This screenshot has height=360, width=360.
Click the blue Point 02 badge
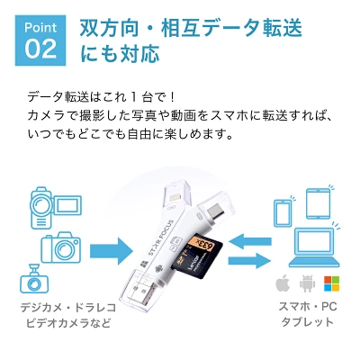pyautogui.click(x=40, y=40)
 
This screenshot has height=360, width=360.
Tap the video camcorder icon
pyautogui.click(x=56, y=208)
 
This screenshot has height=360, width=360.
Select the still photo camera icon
pyautogui.click(x=61, y=247)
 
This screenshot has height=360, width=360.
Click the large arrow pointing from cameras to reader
pyautogui.click(x=112, y=251)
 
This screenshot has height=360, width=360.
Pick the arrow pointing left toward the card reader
pyautogui.click(x=250, y=242)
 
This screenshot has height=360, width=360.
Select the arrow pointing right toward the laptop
pyautogui.click(x=250, y=260)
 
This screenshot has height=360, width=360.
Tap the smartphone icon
pyautogui.click(x=283, y=212)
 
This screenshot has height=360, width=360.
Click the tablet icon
pyautogui.click(x=318, y=202)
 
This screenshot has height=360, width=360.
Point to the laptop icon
pyautogui.click(x=314, y=247)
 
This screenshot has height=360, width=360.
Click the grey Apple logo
pyautogui.click(x=283, y=283)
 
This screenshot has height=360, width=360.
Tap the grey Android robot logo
pyautogui.click(x=307, y=283)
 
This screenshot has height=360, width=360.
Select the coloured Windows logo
pyautogui.click(x=331, y=283)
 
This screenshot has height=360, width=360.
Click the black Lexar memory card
pyautogui.click(x=196, y=256)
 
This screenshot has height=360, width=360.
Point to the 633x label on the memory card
pyautogui.click(x=205, y=244)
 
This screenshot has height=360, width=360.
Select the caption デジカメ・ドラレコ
pyautogui.click(x=67, y=308)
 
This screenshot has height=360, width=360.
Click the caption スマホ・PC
pyautogui.click(x=308, y=307)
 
